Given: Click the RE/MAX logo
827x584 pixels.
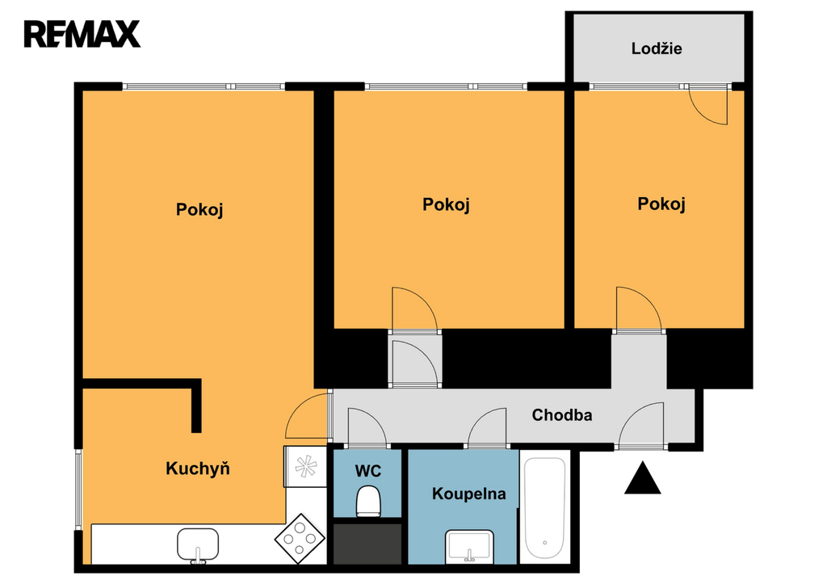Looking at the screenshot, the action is (82, 34).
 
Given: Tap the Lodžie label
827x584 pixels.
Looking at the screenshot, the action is (657, 48).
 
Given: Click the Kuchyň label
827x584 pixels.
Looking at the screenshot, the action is (198, 468).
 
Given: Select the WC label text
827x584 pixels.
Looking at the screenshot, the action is (368, 471).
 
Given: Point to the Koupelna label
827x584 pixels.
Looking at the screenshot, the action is (469, 494).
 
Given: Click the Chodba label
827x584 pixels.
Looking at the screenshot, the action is (562, 415).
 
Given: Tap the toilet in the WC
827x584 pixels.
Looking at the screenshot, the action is (368, 502).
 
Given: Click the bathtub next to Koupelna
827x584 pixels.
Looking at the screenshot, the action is (545, 508).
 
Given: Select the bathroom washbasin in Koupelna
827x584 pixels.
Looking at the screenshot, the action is (469, 546).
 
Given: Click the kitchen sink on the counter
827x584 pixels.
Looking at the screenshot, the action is (198, 544).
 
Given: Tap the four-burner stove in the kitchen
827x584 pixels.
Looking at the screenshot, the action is (300, 539).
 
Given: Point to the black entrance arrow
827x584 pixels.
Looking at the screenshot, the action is (642, 478).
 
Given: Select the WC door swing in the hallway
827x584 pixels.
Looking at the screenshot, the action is (367, 426).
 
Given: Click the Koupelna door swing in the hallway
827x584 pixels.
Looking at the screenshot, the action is (487, 426).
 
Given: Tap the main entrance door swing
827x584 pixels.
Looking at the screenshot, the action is (641, 425).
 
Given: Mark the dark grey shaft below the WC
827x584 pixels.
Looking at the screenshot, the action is (367, 544).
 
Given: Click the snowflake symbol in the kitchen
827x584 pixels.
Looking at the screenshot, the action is (305, 466).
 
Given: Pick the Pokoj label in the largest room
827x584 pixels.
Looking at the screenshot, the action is (199, 209).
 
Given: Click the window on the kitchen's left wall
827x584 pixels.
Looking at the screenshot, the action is (78, 489).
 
